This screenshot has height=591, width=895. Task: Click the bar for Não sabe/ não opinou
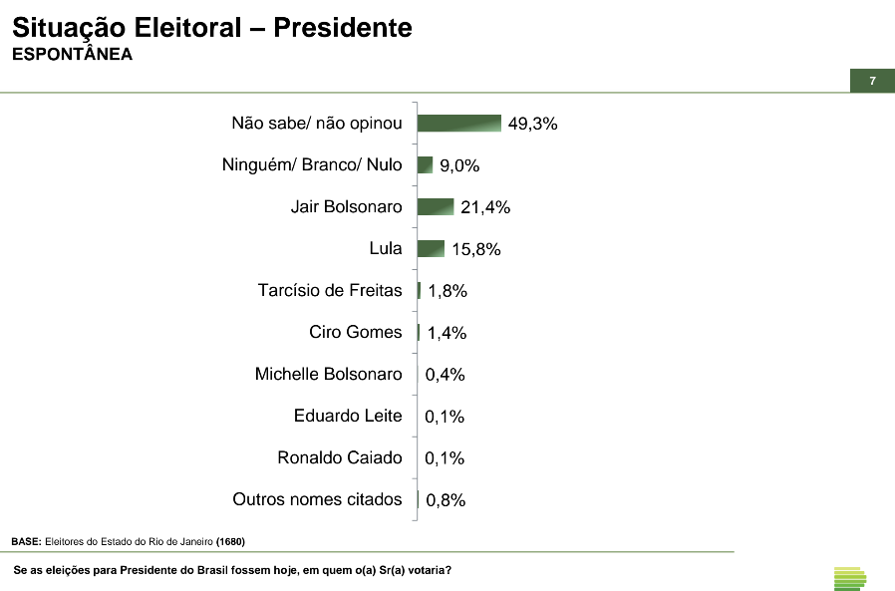pyautogui.click(x=458, y=123)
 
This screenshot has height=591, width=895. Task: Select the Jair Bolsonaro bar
pyautogui.click(x=436, y=206)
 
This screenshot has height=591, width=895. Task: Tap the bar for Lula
pyautogui.click(x=431, y=248)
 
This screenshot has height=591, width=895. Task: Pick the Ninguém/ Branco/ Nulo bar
pyautogui.click(x=425, y=164)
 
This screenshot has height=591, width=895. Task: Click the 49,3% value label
pyautogui.click(x=532, y=124)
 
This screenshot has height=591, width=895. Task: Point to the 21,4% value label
pyautogui.click(x=485, y=207)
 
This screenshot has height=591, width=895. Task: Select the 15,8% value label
pyautogui.click(x=475, y=249)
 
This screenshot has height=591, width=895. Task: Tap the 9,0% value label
pyautogui.click(x=460, y=165)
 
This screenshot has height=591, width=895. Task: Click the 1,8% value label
pyautogui.click(x=447, y=291)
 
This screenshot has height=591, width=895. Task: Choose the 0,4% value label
pyautogui.click(x=446, y=375)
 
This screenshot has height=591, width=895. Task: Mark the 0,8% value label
pyautogui.click(x=446, y=500)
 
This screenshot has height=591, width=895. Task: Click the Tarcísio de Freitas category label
pyautogui.click(x=330, y=290)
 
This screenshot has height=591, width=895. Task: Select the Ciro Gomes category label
pyautogui.click(x=356, y=332)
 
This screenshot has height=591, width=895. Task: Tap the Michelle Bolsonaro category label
pyautogui.click(x=329, y=374)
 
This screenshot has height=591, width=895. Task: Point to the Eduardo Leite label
pyautogui.click(x=348, y=416)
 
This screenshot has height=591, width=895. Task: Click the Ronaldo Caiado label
pyautogui.click(x=340, y=457)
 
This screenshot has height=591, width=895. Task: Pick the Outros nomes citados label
pyautogui.click(x=317, y=499)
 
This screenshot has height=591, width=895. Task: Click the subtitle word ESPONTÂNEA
pyautogui.click(x=72, y=55)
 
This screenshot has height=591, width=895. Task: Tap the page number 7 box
pyautogui.click(x=872, y=81)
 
